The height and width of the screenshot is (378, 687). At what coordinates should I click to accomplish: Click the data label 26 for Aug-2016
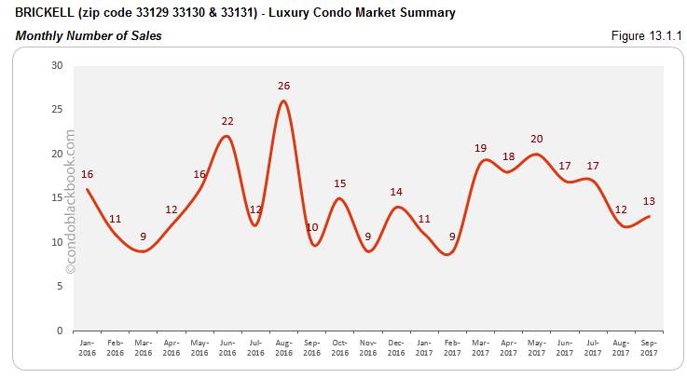coord(283,87)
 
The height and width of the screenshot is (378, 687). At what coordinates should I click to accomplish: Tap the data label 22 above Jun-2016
coord(227,122)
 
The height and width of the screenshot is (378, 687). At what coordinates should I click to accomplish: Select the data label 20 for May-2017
coord(535,140)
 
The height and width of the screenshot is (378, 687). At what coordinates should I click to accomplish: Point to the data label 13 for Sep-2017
coord(648,201)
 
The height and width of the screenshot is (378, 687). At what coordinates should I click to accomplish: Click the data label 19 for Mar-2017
coord(479,148)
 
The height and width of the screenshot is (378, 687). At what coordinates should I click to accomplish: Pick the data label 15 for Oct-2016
coord(339,183)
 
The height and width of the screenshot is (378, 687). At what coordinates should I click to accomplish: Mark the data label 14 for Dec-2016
coord(395,192)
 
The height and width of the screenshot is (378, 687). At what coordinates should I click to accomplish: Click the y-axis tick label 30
coord(57,65)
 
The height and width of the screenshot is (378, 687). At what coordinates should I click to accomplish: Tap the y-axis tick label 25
coord(57,110)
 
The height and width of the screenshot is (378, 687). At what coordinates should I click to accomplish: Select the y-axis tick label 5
coord(60,286)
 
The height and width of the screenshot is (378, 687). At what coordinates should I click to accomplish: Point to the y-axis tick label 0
coord(60,331)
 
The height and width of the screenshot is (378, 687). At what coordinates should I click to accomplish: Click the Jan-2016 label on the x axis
coord(87,347)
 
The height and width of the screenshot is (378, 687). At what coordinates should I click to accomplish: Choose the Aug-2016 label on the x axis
coord(283,347)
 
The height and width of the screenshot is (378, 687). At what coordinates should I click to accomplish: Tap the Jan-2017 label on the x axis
coord(423,347)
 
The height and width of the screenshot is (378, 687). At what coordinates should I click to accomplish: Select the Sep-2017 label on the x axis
coord(648,347)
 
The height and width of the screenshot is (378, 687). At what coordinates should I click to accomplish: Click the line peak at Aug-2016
coord(283,101)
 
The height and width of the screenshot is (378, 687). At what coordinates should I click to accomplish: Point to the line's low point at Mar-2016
coord(143,251)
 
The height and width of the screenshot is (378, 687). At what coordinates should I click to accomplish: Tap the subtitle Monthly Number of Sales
coord(88,36)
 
